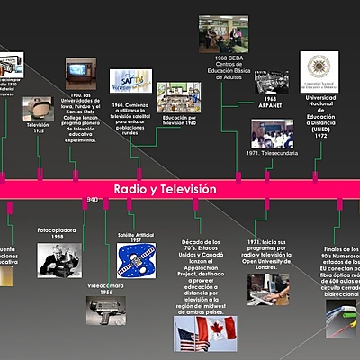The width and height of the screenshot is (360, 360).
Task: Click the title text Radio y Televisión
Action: pyautogui.click(x=165, y=189)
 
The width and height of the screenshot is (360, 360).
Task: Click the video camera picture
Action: pyautogui.click(x=106, y=310)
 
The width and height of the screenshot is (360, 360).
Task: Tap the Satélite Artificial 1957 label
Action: pyautogui.click(x=138, y=238)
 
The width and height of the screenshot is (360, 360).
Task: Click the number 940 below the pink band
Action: pyautogui.click(x=92, y=200)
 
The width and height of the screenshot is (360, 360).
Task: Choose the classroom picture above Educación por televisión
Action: pyautogui.click(x=177, y=97)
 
